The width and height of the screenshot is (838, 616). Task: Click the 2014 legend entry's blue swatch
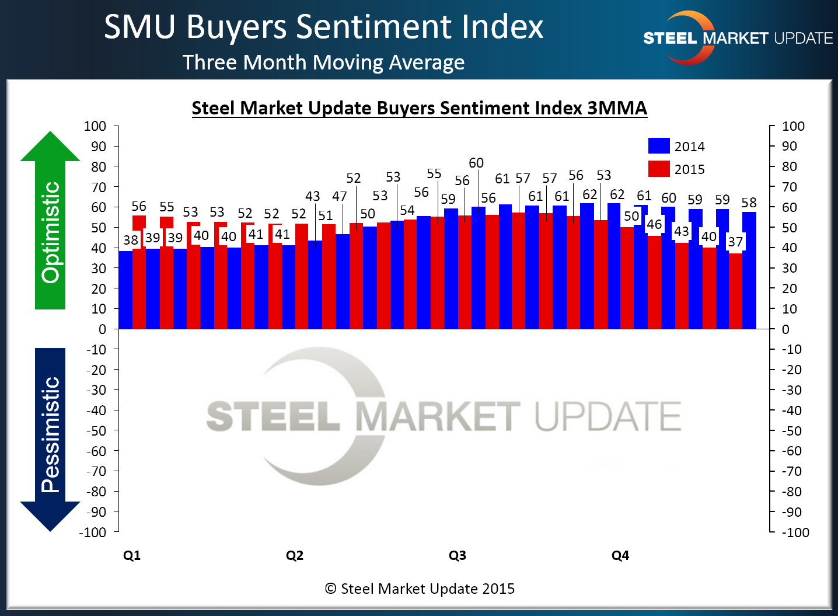tap(659, 146)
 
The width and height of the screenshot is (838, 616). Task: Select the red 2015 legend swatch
tap(659, 169)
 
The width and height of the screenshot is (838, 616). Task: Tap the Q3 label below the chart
tap(458, 555)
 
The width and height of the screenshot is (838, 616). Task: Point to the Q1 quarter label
tap(132, 555)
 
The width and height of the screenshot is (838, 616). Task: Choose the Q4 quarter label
tap(620, 555)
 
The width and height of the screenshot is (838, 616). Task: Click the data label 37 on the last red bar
tap(735, 242)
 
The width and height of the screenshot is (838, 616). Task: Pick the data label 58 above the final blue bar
tap(749, 203)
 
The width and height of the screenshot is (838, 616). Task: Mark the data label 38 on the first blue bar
tap(131, 240)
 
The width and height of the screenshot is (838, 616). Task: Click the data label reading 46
tap(654, 224)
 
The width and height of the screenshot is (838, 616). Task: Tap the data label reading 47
tap(340, 197)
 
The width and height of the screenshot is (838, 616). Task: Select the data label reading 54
tap(407, 210)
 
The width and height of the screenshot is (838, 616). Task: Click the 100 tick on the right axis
tap(793, 126)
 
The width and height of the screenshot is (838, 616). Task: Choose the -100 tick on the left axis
tap(93, 532)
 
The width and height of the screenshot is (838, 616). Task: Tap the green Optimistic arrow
tap(50, 222)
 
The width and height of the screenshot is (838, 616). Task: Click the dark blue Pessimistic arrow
tap(50, 438)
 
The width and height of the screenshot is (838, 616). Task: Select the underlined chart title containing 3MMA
tap(419, 108)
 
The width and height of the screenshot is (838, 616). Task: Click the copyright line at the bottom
tap(420, 589)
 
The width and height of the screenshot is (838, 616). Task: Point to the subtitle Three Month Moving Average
tap(323, 62)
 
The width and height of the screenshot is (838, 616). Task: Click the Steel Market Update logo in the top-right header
tap(738, 38)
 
